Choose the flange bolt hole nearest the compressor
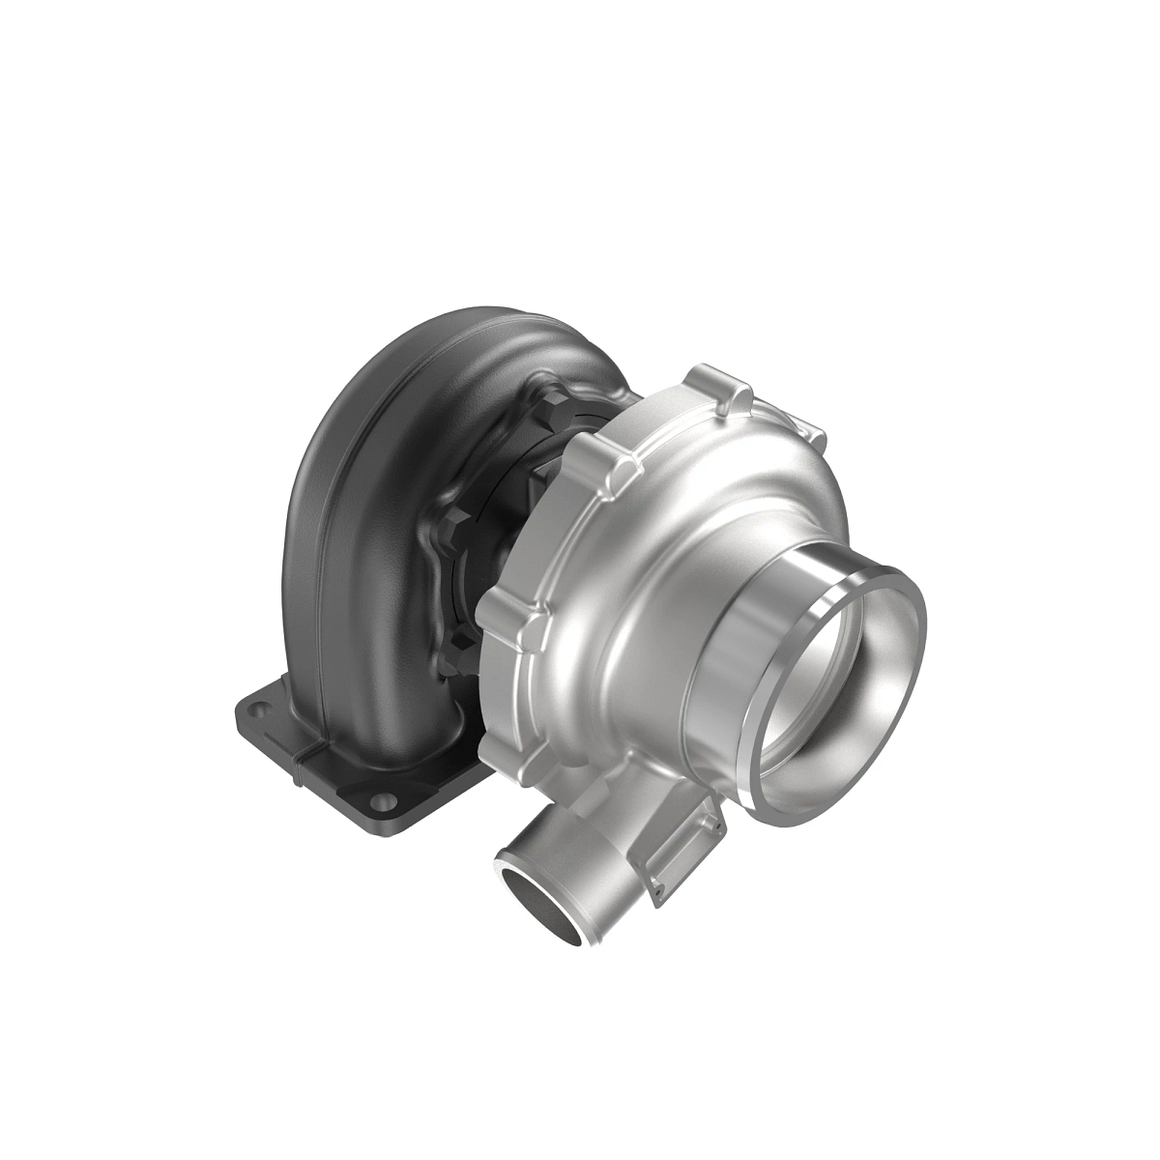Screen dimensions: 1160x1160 click(387, 802)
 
